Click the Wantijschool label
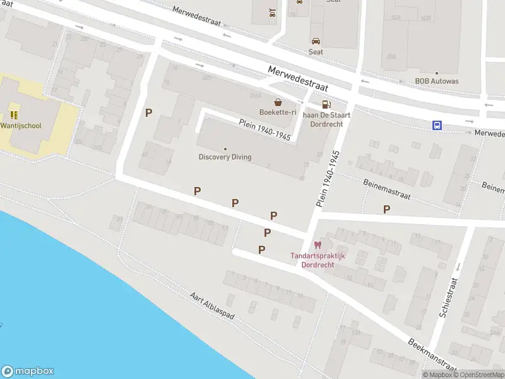pyautogui.click(x=21, y=126)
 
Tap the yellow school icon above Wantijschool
pyautogui.click(x=14, y=115)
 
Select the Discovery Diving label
pyautogui.click(x=225, y=157)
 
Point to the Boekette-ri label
pyautogui.click(x=278, y=112)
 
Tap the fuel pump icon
pyautogui.click(x=325, y=105)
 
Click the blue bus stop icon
pyautogui.click(x=437, y=125)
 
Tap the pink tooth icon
pyautogui.click(x=318, y=244)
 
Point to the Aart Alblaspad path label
pyautogui.click(x=212, y=307)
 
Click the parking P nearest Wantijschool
pyautogui.click(x=149, y=112)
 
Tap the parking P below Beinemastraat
pyautogui.click(x=386, y=209)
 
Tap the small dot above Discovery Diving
pyautogui.click(x=225, y=149)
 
